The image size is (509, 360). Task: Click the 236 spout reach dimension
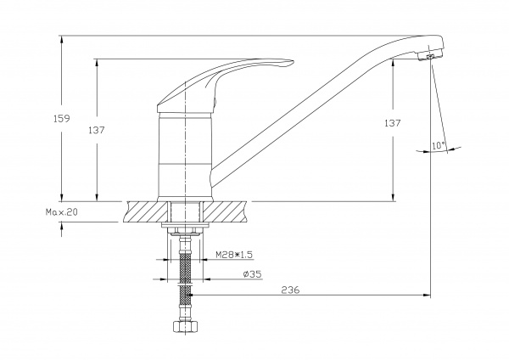(x=290, y=290)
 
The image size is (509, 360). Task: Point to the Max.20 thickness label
(x=61, y=214)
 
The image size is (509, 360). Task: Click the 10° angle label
(x=438, y=146)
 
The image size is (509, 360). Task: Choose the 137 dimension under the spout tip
(x=393, y=123)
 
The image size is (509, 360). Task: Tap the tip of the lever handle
(x=290, y=61)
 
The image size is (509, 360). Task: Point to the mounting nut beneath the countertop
(x=186, y=231)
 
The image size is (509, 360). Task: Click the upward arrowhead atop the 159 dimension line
(x=62, y=39)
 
